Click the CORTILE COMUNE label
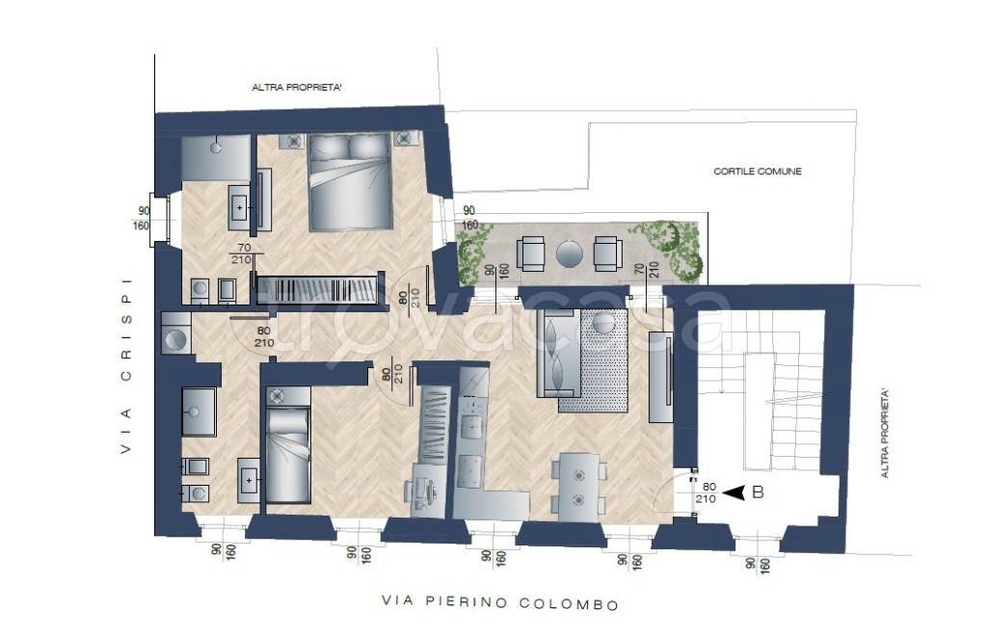[758, 172]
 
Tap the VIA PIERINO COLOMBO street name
[500, 602]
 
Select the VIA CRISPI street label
[126, 366]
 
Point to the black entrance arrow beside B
[734, 493]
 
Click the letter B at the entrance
[758, 492]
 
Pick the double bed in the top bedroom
[349, 182]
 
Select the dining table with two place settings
[578, 488]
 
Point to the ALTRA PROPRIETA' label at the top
[297, 88]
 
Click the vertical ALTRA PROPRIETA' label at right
[885, 433]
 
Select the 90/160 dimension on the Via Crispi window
[143, 219]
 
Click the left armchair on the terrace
[532, 253]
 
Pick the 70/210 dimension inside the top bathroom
[242, 253]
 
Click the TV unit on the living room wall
[660, 376]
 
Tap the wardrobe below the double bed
[319, 291]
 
